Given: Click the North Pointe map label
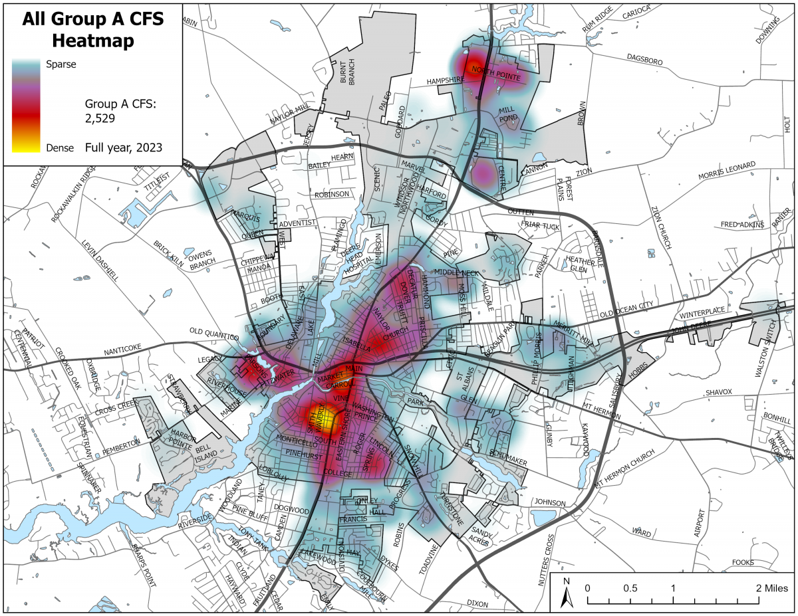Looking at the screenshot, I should (x=496, y=70).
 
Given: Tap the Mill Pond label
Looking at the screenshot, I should (x=509, y=114).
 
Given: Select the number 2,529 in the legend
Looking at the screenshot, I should (x=100, y=119).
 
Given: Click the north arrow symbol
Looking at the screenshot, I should (x=567, y=593).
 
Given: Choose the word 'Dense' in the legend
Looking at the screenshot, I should (x=60, y=148).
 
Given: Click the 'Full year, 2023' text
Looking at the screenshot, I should (x=124, y=148).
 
